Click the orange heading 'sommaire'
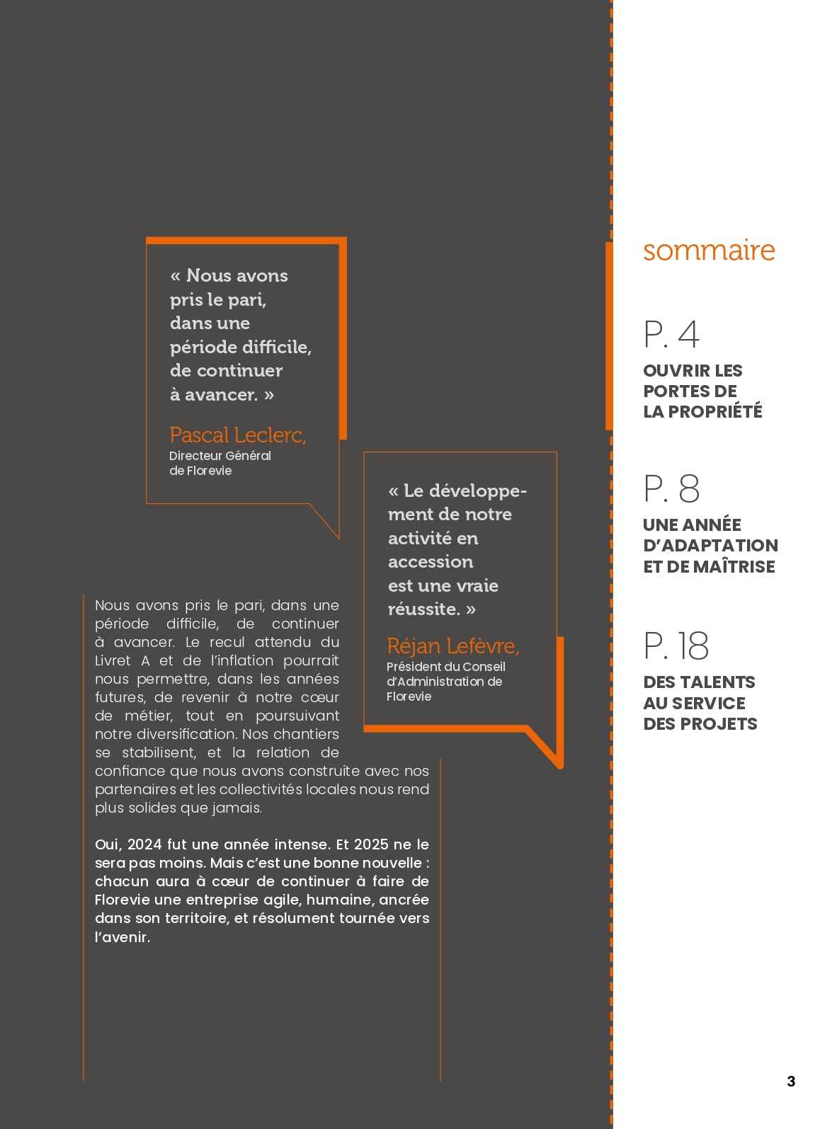click(709, 251)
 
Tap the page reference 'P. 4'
click(671, 335)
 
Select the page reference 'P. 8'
click(671, 489)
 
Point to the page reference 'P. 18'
click(676, 646)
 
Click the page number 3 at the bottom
click(791, 1081)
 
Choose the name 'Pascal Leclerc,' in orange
click(238, 435)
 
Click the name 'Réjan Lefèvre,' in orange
click(453, 646)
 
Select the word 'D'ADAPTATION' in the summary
click(710, 546)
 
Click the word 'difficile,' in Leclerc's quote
click(279, 347)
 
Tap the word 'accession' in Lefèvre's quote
click(431, 562)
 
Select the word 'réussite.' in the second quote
click(423, 609)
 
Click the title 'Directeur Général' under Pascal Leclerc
click(220, 456)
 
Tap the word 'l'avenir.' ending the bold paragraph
click(123, 937)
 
